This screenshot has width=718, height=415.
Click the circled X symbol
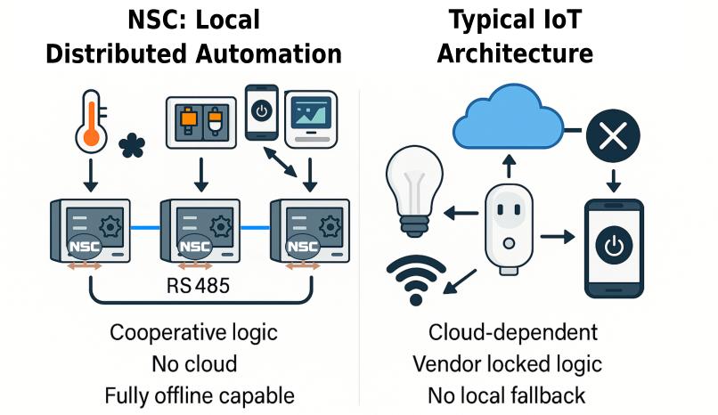tap(614, 136)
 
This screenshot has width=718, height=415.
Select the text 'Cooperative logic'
tap(193, 333)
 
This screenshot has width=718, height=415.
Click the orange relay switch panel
tap(200, 124)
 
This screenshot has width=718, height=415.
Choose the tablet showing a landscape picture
tap(313, 119)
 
